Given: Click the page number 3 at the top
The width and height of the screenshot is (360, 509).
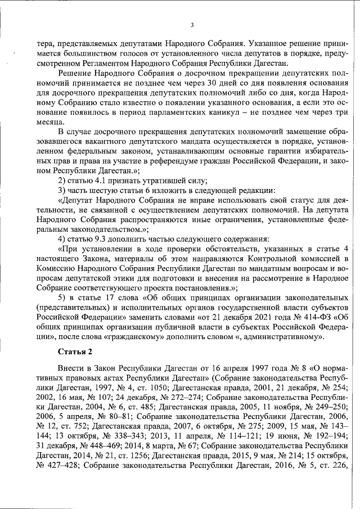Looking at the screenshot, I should click(x=192, y=25).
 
